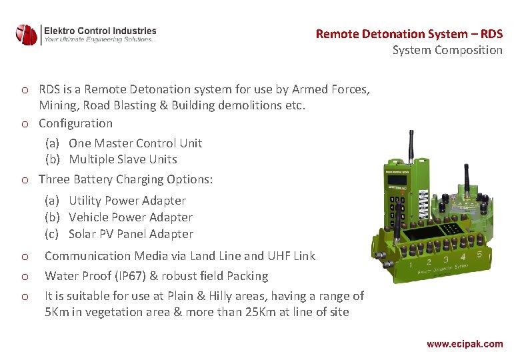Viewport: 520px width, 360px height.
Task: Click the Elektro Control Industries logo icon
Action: pos(27,35)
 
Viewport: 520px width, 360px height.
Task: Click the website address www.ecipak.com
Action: pos(465,344)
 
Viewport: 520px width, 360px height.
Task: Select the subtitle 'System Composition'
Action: pos(447,50)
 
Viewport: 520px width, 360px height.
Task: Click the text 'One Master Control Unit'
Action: pos(135,143)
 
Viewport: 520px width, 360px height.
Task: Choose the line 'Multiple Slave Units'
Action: pos(123,159)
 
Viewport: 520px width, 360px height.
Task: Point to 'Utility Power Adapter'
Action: pos(127,201)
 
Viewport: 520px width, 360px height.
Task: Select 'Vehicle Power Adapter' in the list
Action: pos(130,217)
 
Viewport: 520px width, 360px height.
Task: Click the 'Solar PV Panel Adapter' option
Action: pos(131,234)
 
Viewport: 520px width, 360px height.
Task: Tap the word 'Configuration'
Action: pos(75,123)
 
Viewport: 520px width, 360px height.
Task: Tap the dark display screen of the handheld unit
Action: pos(398,180)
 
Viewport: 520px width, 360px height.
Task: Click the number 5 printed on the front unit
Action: pos(479,254)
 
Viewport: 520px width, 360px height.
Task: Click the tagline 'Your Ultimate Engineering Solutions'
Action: pos(99,40)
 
